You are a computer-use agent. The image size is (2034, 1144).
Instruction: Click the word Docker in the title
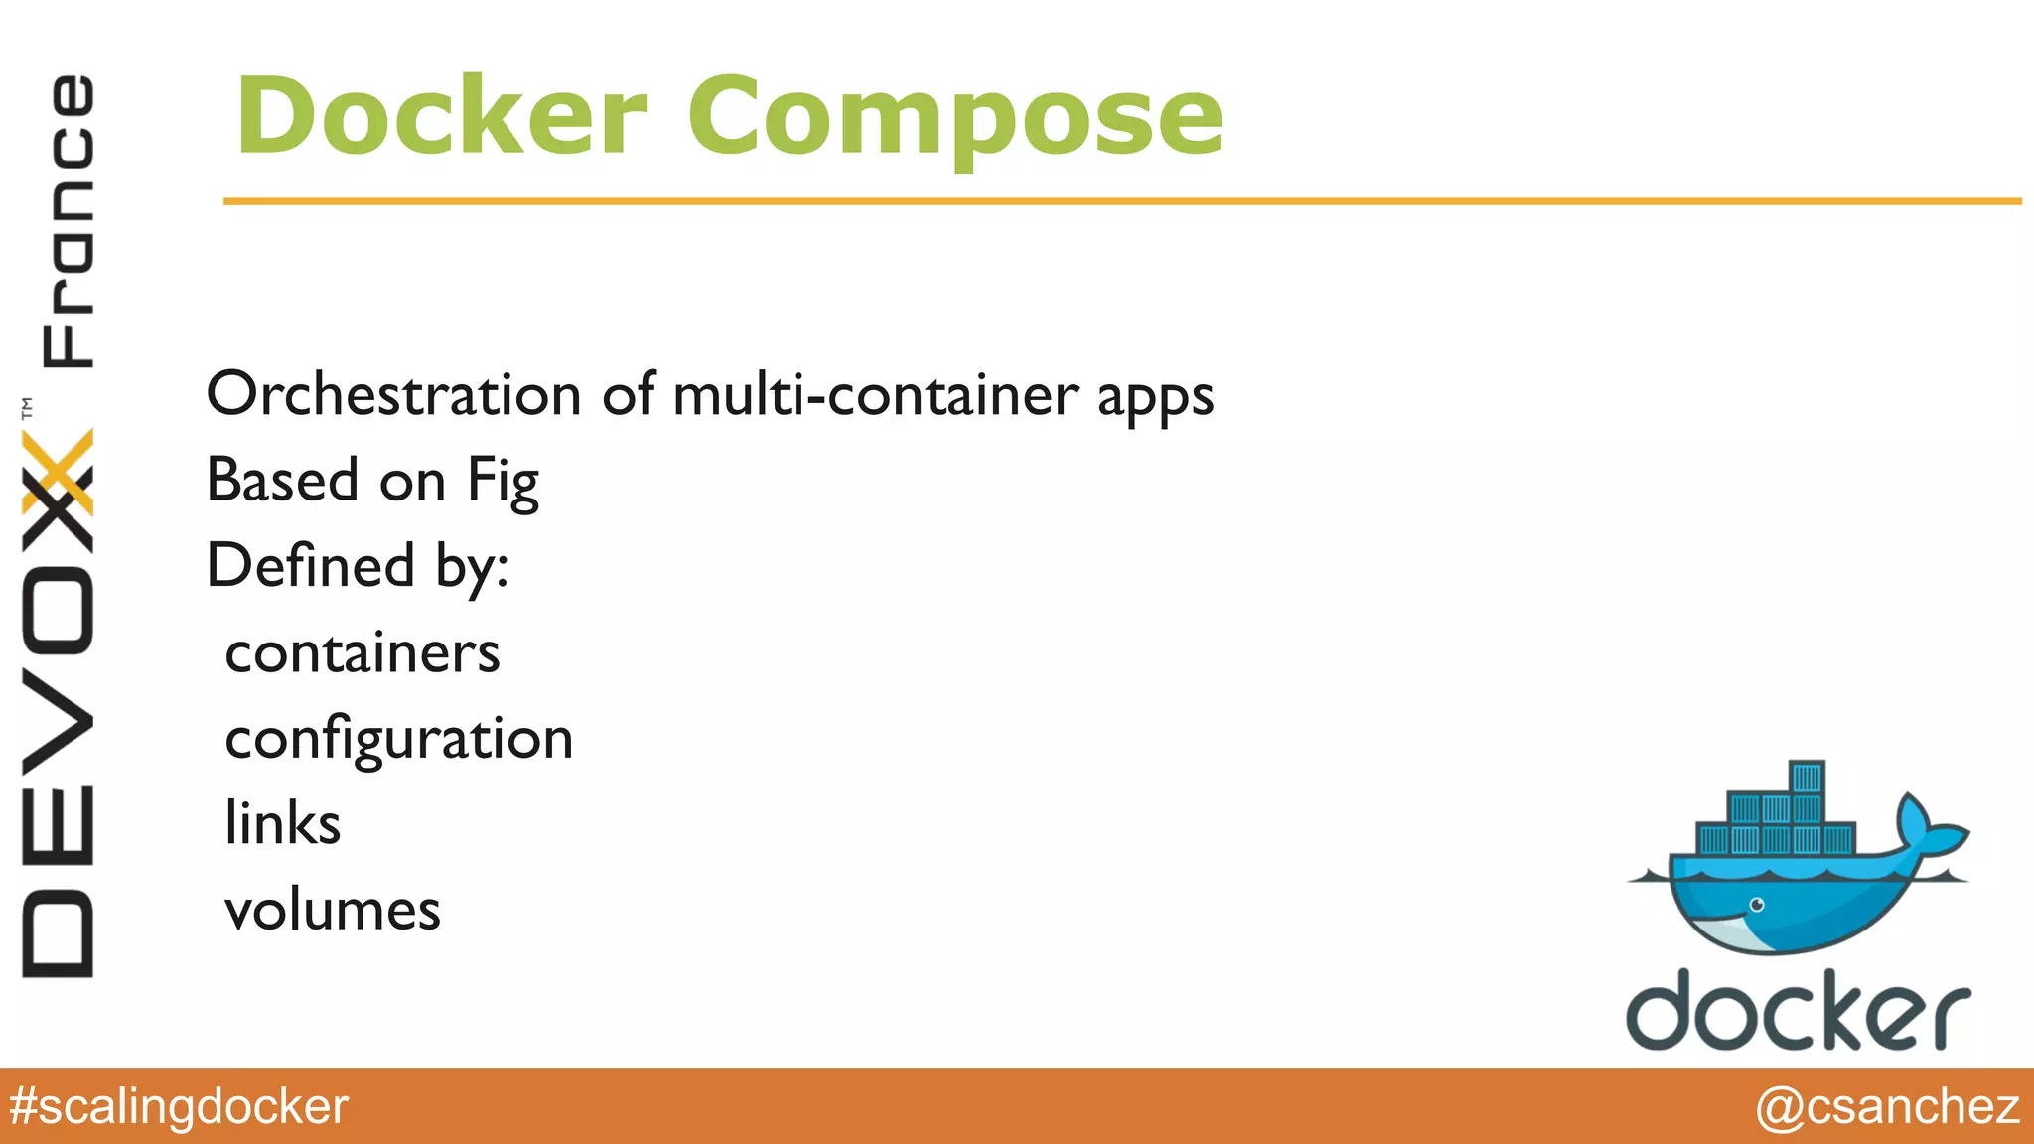pyautogui.click(x=441, y=117)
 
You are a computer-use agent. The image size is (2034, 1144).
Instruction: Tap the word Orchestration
pyautogui.click(x=393, y=394)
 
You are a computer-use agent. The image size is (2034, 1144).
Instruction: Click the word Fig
pyautogui.click(x=503, y=483)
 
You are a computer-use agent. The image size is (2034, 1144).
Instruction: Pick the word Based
pyautogui.click(x=283, y=481)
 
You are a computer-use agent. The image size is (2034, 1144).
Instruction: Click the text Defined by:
pyautogui.click(x=358, y=567)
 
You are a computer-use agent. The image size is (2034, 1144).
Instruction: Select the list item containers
pyautogui.click(x=363, y=653)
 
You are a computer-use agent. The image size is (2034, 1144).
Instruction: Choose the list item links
pyautogui.click(x=283, y=824)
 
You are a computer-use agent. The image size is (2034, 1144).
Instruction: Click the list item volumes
pyautogui.click(x=333, y=911)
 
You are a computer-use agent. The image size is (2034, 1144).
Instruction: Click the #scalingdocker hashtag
pyautogui.click(x=179, y=1106)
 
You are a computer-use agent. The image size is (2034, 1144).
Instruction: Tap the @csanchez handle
pyautogui.click(x=1887, y=1106)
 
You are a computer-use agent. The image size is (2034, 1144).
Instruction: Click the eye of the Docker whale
pyautogui.click(x=1756, y=905)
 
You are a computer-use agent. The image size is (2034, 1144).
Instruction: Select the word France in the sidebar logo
pyautogui.click(x=68, y=220)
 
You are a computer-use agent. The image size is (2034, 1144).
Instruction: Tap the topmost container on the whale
pyautogui.click(x=1807, y=777)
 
